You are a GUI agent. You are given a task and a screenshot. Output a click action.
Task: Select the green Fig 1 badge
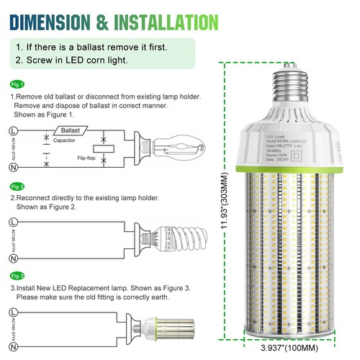click(x=18, y=84)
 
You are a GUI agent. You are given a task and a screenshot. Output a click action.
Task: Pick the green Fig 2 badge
click(x=18, y=186)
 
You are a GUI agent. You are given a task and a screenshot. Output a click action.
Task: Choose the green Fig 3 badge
click(x=18, y=276)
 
